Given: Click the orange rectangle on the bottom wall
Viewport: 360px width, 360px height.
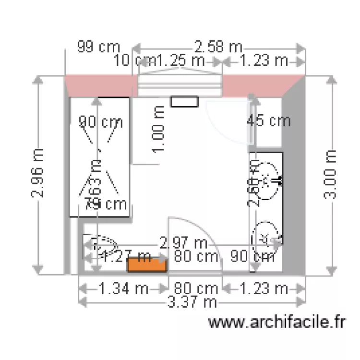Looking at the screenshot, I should [x=147, y=265].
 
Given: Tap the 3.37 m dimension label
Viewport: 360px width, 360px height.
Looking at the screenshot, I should [x=192, y=302].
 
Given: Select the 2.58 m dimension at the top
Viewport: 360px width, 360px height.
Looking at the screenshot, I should [x=218, y=47].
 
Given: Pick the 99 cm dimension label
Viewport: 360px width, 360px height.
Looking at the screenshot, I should [x=98, y=47].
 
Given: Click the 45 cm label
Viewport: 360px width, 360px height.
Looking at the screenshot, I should [x=269, y=120].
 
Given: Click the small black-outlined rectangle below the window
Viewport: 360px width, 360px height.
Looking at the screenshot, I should [x=185, y=101].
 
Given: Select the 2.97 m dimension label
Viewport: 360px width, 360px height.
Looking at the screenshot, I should [x=183, y=243].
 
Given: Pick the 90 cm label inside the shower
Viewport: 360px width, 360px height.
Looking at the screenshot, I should [x=101, y=122].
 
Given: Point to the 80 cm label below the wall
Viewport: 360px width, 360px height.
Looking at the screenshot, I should [x=195, y=289].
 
